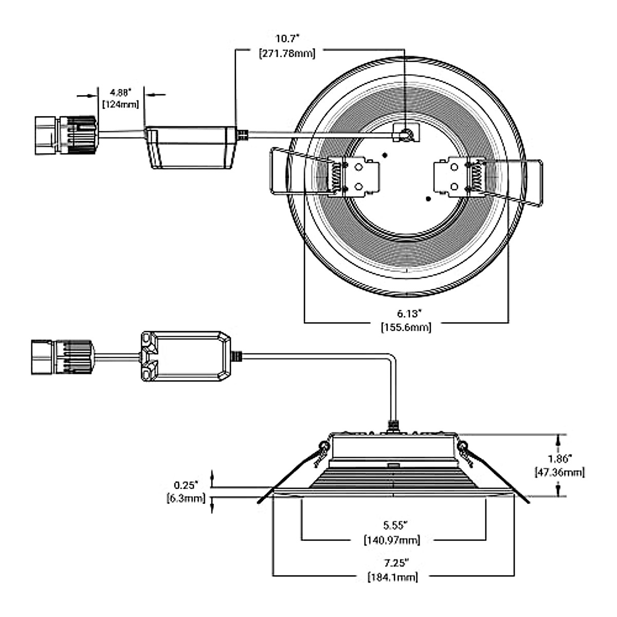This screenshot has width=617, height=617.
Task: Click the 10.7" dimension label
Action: pos(287,39)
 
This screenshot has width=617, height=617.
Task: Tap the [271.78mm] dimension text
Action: pos(287,53)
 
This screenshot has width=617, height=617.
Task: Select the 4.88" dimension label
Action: pos(120,93)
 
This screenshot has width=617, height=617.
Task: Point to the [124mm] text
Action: pos(120,104)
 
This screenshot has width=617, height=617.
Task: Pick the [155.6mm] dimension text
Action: pos(406,327)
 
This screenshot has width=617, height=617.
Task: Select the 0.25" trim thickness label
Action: pos(186,485)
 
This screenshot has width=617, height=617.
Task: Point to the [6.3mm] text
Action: pos(186,498)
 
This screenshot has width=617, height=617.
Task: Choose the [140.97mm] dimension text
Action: pos(392,540)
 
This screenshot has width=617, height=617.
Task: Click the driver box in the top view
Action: pos(190,147)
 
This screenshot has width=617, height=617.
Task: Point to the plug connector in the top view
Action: pos(64,135)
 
